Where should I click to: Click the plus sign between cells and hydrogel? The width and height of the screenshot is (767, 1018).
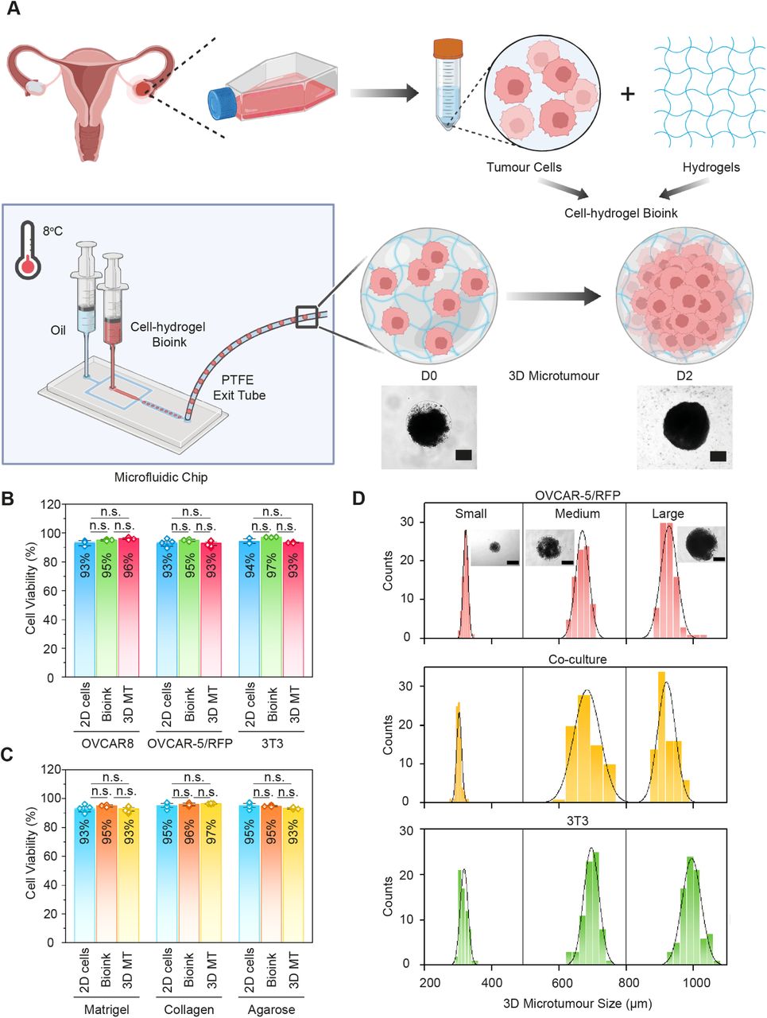[628, 95]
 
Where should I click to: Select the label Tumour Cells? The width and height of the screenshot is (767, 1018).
[524, 167]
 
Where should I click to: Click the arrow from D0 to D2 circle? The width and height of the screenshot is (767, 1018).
[553, 297]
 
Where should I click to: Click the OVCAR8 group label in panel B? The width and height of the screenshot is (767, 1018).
[106, 744]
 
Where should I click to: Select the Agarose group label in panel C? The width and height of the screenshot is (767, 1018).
[272, 1009]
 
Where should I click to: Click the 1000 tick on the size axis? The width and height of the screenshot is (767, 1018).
[696, 982]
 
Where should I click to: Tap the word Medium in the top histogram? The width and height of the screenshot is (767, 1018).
[577, 513]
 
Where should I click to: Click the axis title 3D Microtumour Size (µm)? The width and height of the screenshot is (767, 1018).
[575, 1004]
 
